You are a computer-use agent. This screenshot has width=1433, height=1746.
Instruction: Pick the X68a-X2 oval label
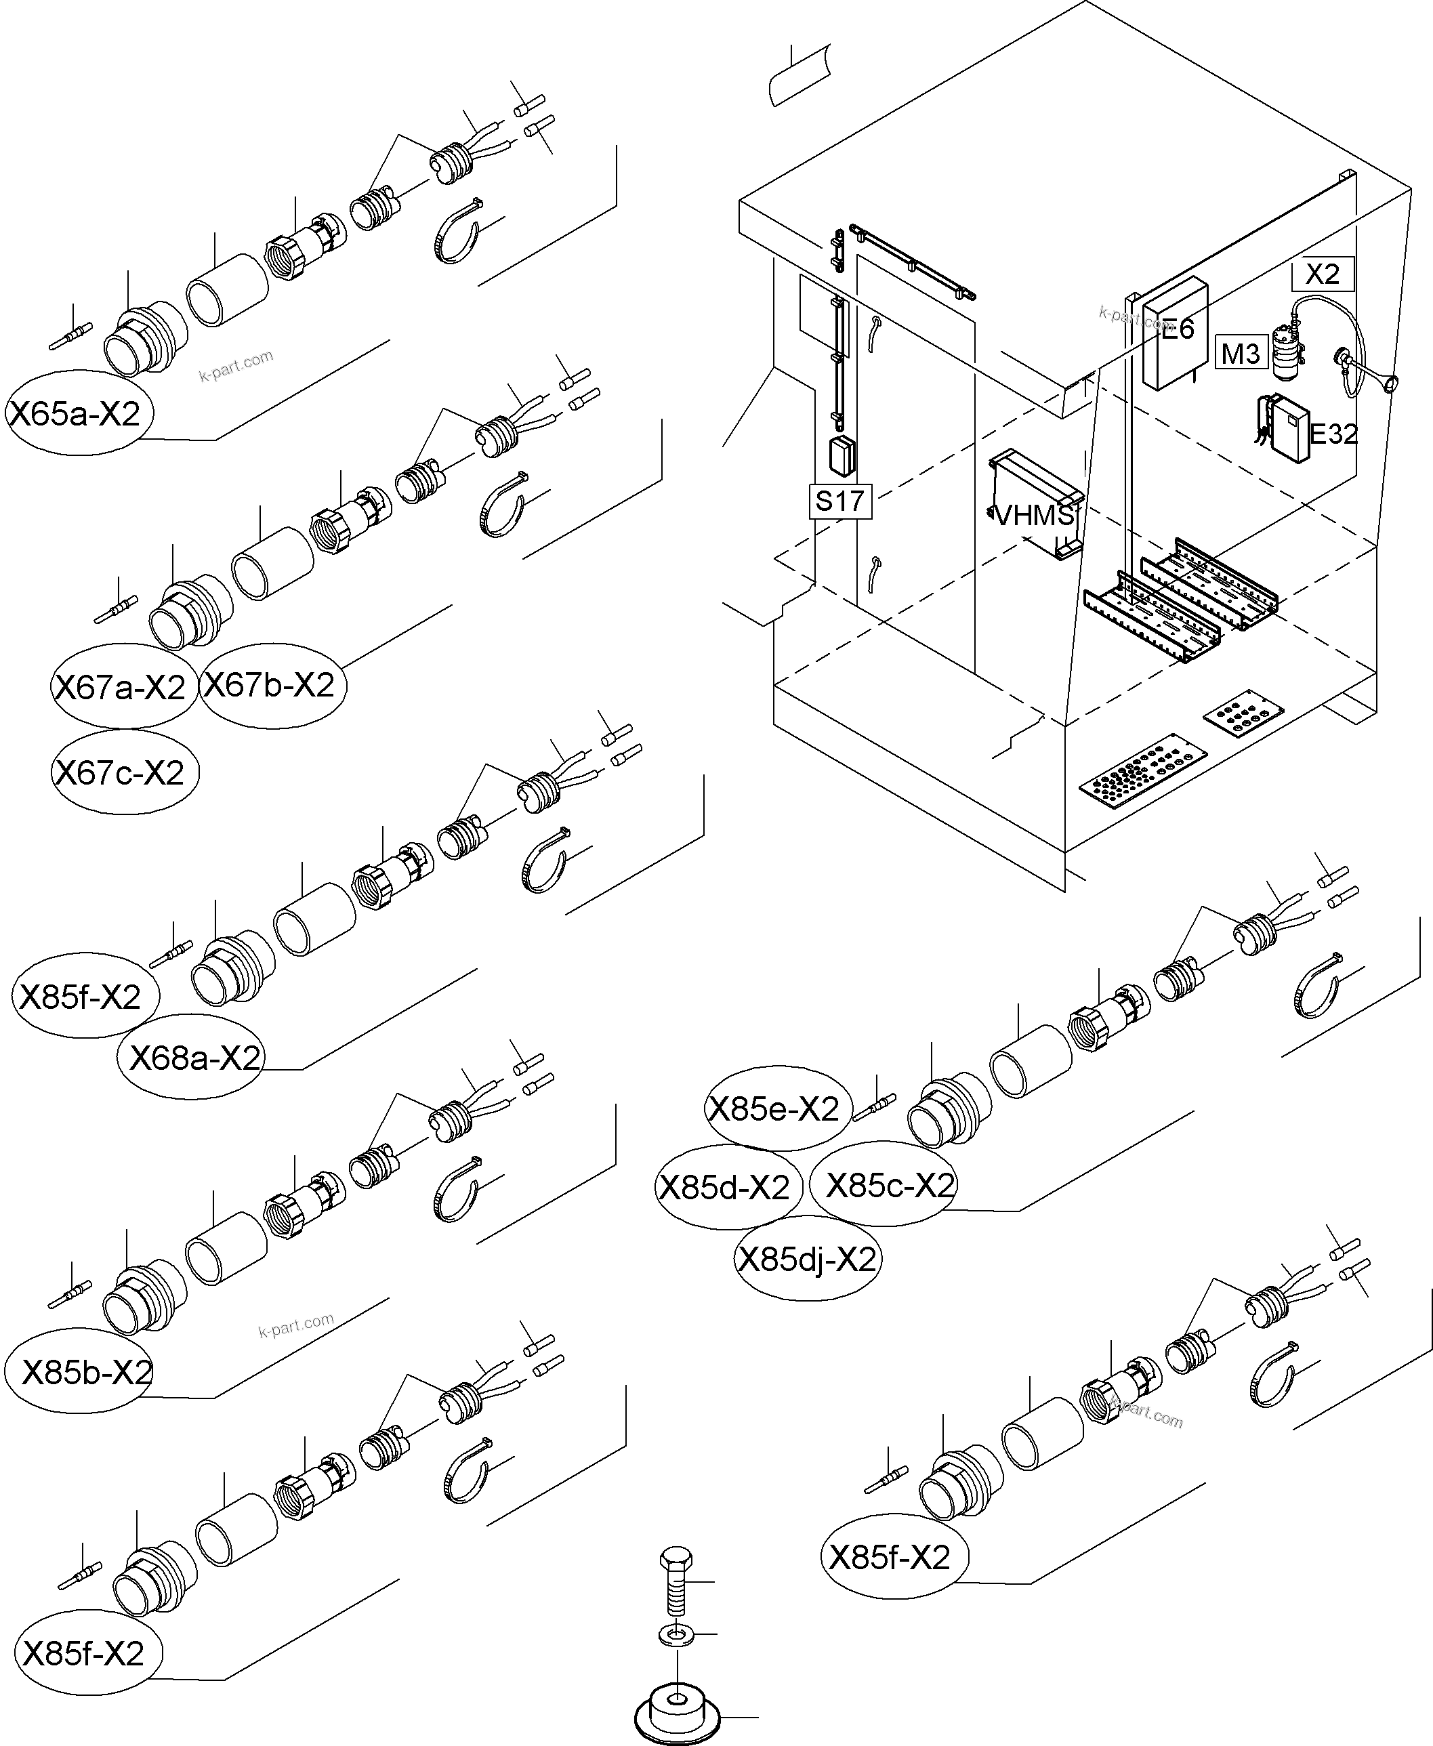tap(193, 1058)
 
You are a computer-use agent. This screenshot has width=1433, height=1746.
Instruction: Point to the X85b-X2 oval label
tap(83, 1372)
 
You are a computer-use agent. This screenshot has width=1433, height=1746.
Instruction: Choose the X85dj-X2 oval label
tap(806, 1260)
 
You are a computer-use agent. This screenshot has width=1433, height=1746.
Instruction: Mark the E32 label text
tap(1333, 434)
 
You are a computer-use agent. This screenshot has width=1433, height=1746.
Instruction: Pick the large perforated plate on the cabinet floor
tap(1143, 770)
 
